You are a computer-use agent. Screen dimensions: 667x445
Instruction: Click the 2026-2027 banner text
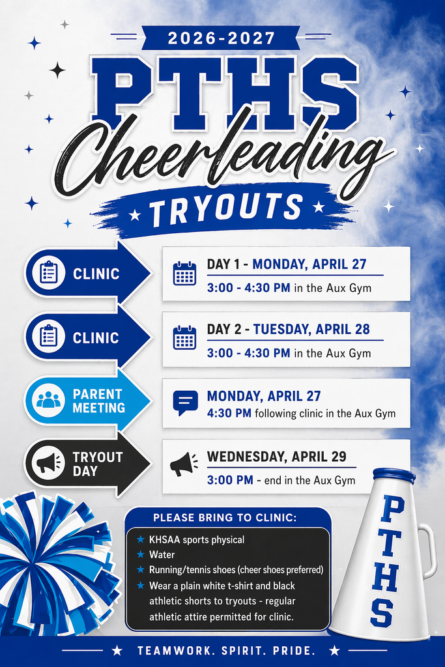pos(220,38)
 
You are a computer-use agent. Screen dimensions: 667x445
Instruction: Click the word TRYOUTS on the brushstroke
pos(225,208)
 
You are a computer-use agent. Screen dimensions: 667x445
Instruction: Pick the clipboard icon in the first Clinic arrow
pos(49,273)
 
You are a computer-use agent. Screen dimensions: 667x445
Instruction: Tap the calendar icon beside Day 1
pos(184,273)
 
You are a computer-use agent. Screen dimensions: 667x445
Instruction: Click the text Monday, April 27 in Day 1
pos(309,264)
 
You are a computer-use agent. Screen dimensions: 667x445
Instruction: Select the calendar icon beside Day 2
pos(184,337)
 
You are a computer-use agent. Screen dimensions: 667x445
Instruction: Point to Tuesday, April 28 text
pos(311,329)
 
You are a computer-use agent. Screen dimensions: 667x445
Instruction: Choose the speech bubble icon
pos(185,403)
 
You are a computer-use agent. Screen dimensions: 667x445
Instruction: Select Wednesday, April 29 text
pos(276,456)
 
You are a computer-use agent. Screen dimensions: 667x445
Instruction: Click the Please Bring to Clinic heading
pos(225,518)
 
